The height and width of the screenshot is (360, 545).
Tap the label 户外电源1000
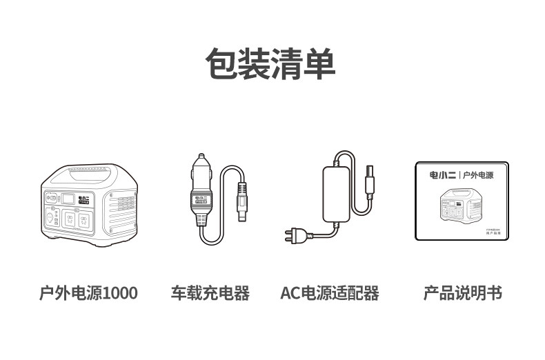88,293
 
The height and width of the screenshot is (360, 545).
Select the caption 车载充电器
210,293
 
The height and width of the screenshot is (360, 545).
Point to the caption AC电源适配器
330,293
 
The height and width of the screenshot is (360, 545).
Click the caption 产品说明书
462,293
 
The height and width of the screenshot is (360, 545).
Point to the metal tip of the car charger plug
201,158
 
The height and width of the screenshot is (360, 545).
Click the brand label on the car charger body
201,200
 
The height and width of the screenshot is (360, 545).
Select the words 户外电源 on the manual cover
479,175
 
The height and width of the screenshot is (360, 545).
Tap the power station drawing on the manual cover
461,205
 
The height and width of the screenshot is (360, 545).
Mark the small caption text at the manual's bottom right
486,231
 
